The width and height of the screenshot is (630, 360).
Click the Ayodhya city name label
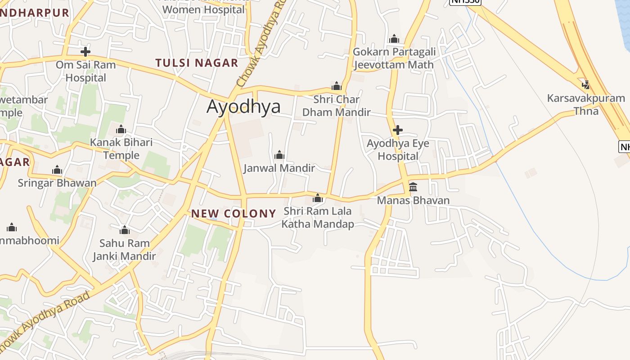click(243, 107)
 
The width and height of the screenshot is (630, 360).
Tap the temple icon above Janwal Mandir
click(279, 155)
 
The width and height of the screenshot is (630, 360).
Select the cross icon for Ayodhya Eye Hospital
click(398, 130)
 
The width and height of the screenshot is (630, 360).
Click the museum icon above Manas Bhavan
click(413, 187)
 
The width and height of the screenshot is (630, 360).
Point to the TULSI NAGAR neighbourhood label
click(197, 63)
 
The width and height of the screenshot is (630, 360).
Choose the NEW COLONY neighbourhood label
click(234, 213)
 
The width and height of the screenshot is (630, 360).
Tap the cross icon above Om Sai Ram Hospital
click(85, 51)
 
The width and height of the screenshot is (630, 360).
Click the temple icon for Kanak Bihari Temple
click(121, 130)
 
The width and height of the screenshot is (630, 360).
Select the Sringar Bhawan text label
click(57, 183)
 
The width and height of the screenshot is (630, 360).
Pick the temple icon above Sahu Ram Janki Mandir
click(125, 230)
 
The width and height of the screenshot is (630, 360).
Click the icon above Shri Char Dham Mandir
click(337, 86)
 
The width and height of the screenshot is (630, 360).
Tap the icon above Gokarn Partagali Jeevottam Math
click(394, 39)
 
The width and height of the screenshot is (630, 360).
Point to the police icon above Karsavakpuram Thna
click(585, 85)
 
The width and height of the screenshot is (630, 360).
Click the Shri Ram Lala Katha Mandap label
click(318, 217)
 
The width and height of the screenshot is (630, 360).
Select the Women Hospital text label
click(203, 9)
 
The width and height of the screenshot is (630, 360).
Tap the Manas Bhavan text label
click(413, 200)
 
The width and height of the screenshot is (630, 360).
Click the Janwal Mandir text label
click(279, 168)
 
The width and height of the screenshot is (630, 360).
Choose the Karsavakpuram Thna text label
click(586, 104)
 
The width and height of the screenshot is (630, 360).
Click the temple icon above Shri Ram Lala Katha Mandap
click(318, 198)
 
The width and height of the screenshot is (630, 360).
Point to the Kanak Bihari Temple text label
click(121, 149)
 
